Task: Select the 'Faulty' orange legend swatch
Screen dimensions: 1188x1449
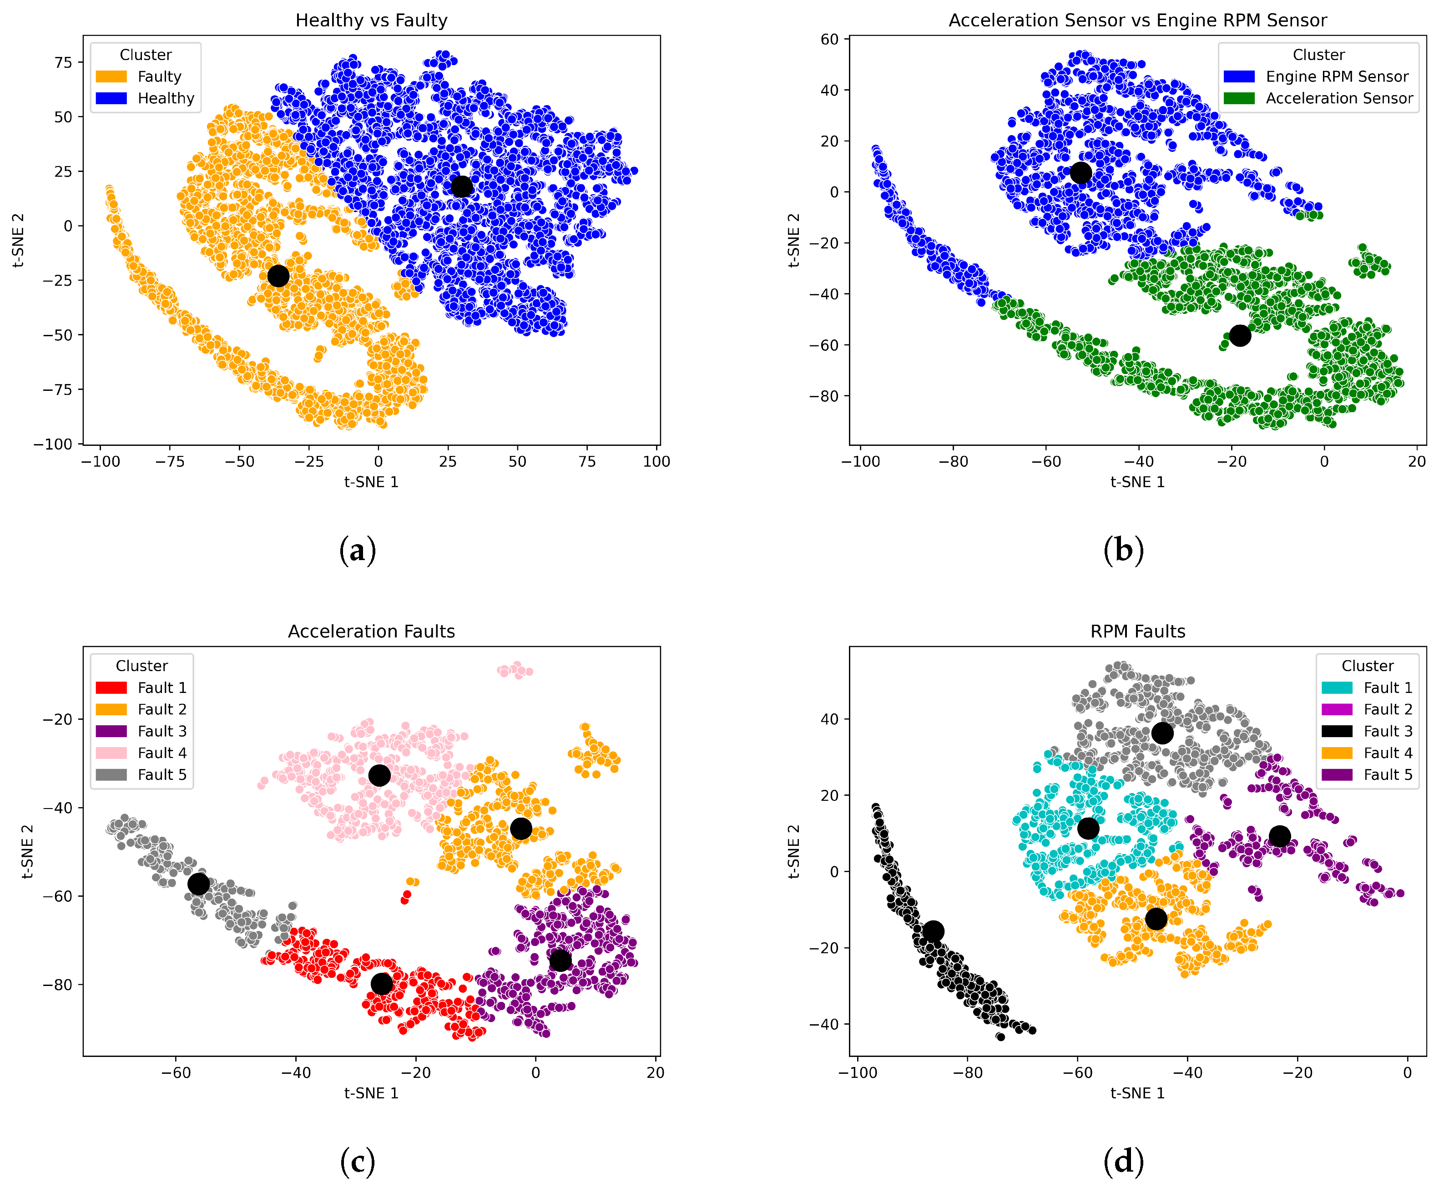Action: (x=111, y=76)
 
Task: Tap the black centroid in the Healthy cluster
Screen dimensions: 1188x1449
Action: (x=462, y=186)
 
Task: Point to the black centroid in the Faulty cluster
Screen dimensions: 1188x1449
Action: (x=278, y=276)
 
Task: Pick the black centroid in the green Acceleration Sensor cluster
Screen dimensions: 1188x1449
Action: (x=1240, y=335)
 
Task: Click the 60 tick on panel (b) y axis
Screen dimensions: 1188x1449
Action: (x=829, y=39)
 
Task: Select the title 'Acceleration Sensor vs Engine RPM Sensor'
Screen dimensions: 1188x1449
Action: (x=1137, y=20)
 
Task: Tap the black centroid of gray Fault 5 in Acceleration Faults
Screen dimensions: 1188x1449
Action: (x=198, y=884)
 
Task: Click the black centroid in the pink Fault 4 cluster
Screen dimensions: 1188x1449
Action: (x=379, y=775)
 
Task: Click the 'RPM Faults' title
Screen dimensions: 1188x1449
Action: (x=1137, y=632)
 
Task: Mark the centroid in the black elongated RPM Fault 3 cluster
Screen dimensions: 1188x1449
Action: (x=933, y=931)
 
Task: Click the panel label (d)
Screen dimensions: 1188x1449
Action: (x=1123, y=1161)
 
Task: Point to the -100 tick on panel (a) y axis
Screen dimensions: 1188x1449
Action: (x=53, y=444)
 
